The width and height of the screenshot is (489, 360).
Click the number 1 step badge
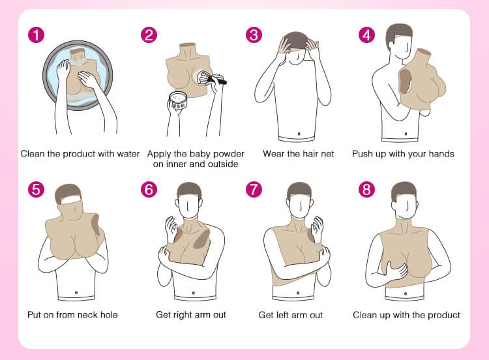36,35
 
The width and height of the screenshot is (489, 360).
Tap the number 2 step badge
149,35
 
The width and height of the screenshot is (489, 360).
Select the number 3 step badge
254,35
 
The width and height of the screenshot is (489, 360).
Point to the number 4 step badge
366,35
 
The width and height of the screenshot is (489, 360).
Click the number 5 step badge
36,189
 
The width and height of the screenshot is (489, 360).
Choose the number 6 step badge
149,189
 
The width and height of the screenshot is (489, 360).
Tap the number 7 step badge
254,189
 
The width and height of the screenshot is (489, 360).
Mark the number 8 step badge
366,189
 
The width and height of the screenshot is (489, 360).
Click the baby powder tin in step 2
178,101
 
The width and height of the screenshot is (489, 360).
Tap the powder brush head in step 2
203,77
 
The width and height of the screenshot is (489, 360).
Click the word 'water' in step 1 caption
128,154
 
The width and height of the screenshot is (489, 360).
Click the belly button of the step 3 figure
299,134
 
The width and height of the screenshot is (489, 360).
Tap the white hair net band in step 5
71,199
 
